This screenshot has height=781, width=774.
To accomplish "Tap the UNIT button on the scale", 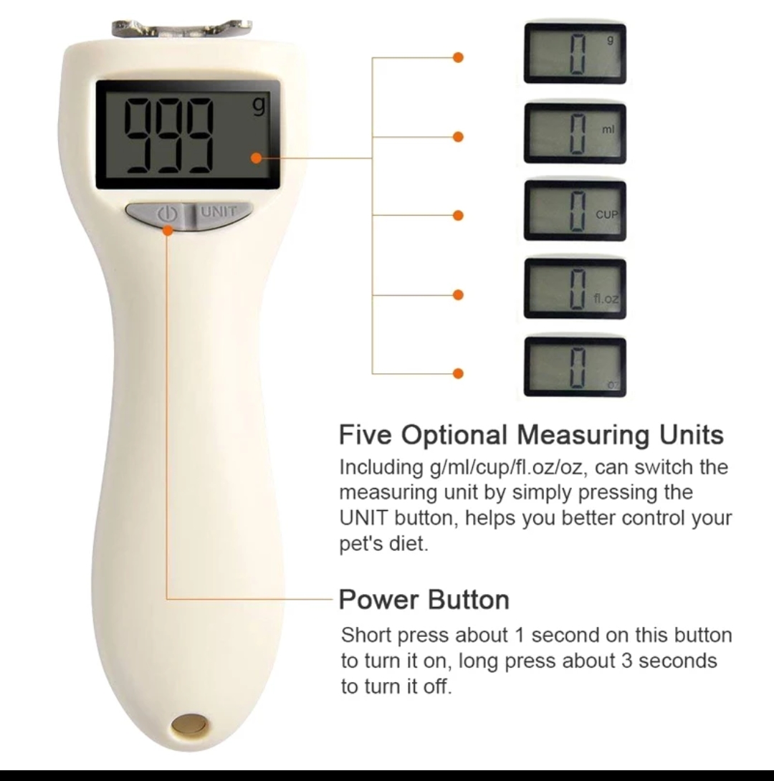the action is tap(220, 214).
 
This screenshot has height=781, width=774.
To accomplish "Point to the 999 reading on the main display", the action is tap(168, 135).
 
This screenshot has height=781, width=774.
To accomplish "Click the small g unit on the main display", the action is tap(259, 107).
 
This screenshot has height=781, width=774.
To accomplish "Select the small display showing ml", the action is tap(575, 133).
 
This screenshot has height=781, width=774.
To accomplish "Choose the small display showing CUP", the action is tap(575, 211).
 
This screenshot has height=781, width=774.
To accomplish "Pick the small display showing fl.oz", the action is tap(575, 289).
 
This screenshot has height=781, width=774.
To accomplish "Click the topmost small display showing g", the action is tap(575, 54).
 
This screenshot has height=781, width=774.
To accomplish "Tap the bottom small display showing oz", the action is tap(575, 367).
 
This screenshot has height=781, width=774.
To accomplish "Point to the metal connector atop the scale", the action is tap(182, 29).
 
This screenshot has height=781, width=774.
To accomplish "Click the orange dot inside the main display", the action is tap(257, 158).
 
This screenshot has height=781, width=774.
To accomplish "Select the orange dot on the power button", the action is tap(168, 231).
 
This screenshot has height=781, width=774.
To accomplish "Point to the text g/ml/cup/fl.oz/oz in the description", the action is tap(505, 468).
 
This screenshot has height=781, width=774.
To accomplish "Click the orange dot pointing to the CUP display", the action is tap(458, 215).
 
